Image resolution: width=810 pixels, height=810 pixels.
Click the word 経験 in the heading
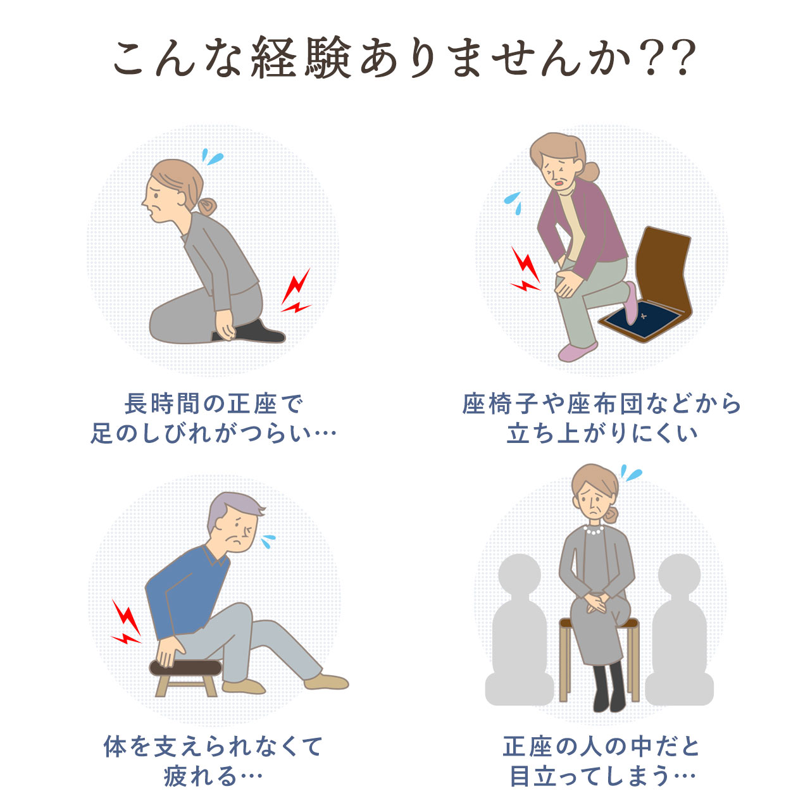click(x=301, y=58)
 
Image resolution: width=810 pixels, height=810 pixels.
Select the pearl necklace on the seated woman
click(x=594, y=530)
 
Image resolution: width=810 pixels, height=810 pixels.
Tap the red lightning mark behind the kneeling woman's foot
click(x=296, y=291)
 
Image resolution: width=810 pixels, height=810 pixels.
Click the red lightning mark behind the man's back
click(x=126, y=622)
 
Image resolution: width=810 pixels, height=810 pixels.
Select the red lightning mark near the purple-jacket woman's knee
click(x=525, y=269)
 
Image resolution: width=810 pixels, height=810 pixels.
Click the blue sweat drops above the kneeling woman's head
click(x=212, y=156)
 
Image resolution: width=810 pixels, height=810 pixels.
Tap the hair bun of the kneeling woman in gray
click(x=207, y=207)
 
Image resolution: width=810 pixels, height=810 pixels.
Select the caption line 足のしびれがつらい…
click(x=213, y=433)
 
